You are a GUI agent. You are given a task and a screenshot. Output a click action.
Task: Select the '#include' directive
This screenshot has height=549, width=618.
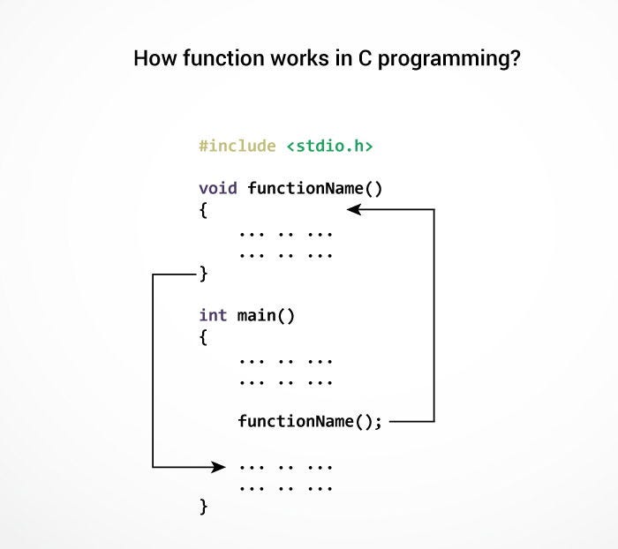237,146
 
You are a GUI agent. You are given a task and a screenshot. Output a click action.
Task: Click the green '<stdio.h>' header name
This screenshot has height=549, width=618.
329,146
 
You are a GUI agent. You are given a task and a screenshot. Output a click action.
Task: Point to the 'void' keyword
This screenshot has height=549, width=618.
218,188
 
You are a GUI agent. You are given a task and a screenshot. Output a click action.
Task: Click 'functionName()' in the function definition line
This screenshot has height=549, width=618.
315,188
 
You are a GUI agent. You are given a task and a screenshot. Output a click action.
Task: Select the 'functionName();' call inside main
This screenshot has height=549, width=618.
310,421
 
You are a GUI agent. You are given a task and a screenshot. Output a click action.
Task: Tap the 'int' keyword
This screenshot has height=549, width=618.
213,315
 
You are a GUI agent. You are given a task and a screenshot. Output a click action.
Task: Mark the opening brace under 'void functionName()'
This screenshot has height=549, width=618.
203,211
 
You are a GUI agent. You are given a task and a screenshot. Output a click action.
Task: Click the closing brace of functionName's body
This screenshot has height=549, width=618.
203,274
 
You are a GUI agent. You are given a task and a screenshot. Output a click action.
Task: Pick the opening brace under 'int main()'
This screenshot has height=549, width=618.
203,337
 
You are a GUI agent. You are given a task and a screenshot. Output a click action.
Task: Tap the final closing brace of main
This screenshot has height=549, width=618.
203,507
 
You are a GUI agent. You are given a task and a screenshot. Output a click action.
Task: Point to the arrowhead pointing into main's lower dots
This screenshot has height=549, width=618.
218,465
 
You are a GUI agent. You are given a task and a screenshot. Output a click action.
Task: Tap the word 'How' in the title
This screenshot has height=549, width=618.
152,60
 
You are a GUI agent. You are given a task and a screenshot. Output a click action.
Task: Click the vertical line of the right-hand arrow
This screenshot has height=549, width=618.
434,315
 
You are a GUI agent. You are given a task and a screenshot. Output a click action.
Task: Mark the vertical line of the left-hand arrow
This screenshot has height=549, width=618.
153,371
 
